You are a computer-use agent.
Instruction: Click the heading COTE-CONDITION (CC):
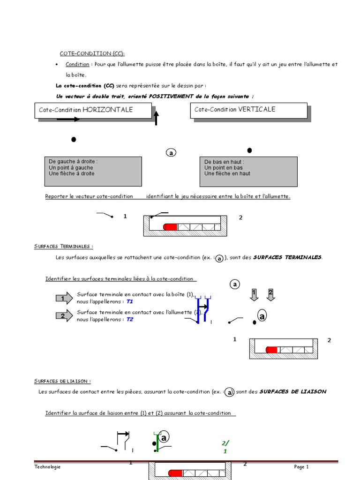point(92,53)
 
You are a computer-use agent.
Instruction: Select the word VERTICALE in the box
point(257,109)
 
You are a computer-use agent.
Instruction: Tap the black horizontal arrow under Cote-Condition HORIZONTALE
point(68,119)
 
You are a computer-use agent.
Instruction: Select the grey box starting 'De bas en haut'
point(248,171)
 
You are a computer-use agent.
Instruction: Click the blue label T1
point(130,302)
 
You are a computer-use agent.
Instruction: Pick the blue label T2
point(130,319)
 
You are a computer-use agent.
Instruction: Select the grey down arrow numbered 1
point(254,295)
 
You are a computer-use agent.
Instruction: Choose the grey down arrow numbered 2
point(270,295)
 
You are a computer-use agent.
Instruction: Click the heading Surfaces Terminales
point(63,246)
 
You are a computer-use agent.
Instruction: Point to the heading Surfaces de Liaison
point(62,381)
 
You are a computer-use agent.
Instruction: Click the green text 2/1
point(225,447)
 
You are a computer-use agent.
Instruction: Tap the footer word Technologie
point(47,467)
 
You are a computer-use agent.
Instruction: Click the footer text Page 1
point(301,467)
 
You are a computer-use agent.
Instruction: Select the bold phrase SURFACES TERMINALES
point(287,257)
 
